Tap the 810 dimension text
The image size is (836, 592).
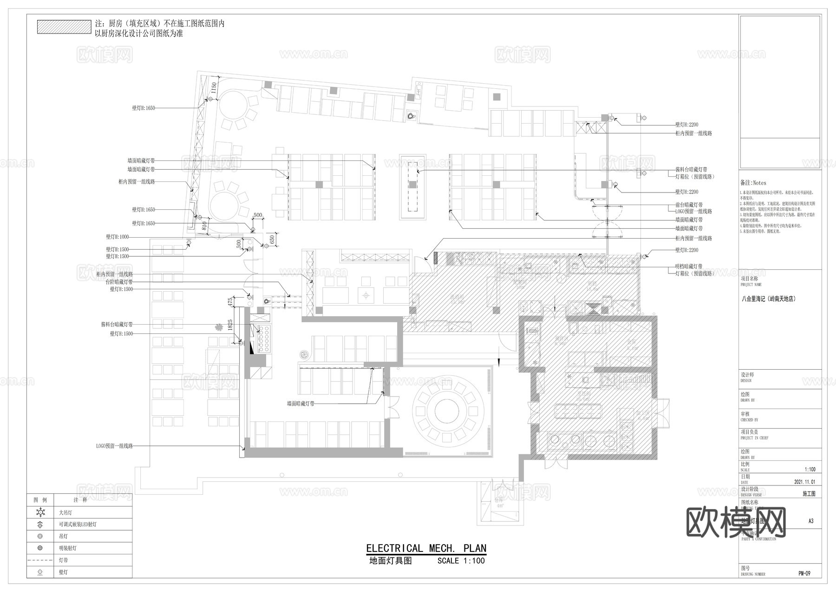204,226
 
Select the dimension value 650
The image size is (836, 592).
272,239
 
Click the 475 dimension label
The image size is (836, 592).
230,302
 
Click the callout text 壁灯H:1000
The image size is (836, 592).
118,237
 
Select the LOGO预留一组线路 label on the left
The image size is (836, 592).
114,446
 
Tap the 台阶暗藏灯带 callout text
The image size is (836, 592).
119,282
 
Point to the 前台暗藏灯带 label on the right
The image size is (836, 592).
689,205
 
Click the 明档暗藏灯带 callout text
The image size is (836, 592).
689,266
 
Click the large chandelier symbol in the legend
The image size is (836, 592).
40,512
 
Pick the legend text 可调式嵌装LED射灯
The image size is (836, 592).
78,525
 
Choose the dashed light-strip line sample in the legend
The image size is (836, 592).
40,560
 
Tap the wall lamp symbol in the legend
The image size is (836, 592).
40,572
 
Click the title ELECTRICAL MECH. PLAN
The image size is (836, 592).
426,548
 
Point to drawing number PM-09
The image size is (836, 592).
804,573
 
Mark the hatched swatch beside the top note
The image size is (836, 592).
64,27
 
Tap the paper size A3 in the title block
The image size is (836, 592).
811,521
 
